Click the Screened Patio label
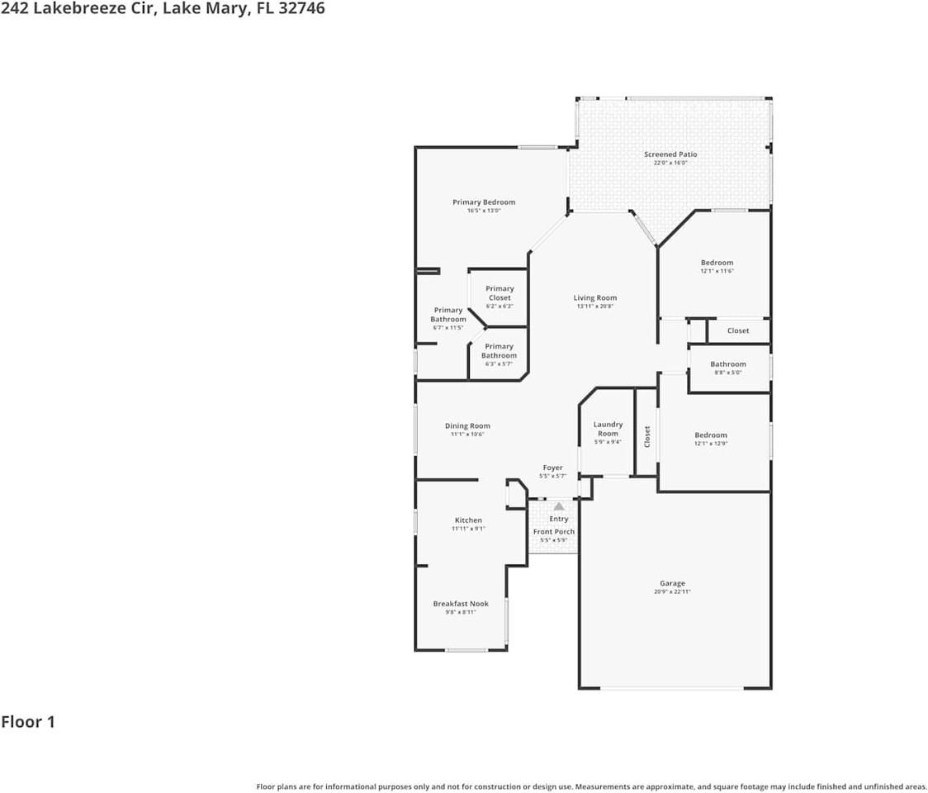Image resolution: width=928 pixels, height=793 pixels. click(670, 154)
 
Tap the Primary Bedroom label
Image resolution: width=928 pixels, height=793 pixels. click(484, 202)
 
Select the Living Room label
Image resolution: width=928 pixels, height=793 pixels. click(595, 298)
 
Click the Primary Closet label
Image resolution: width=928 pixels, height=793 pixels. click(500, 293)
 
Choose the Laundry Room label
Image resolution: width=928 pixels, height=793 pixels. click(608, 429)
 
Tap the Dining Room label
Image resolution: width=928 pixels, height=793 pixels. click(467, 426)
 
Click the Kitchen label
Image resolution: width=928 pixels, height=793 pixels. click(468, 520)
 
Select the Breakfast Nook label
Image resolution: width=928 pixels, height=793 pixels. click(461, 604)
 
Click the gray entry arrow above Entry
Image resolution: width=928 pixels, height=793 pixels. click(559, 506)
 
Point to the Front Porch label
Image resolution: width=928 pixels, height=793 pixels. click(554, 532)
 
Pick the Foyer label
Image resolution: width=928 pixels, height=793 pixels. click(552, 468)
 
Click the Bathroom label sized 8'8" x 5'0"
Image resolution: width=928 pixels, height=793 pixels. click(728, 364)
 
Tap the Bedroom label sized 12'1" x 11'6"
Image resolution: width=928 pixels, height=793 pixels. click(717, 263)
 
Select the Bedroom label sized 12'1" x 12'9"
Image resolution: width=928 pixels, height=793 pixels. click(711, 435)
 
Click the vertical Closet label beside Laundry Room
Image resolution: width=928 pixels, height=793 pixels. click(647, 436)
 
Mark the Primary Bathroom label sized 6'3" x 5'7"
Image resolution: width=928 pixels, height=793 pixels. click(499, 351)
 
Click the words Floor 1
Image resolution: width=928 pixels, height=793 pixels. click(28, 722)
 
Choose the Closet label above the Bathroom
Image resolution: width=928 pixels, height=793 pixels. click(738, 331)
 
